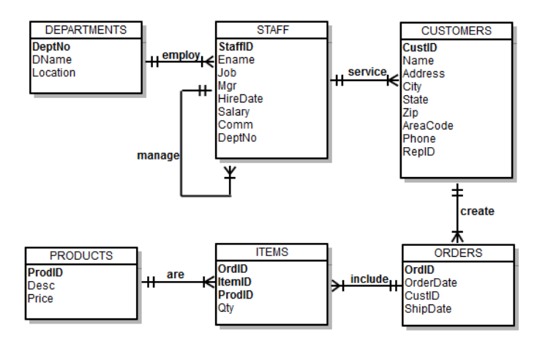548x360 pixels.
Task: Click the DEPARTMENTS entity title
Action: pyautogui.click(x=86, y=30)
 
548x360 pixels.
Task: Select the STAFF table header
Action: pyautogui.click(x=271, y=30)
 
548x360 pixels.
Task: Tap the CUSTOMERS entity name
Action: pyautogui.click(x=456, y=30)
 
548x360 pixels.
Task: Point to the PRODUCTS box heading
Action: pyautogui.click(x=80, y=255)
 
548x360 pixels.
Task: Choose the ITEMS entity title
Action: pyautogui.click(x=271, y=252)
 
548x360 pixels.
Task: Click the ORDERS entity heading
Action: pyautogui.click(x=456, y=253)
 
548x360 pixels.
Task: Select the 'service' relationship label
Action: pyautogui.click(x=367, y=72)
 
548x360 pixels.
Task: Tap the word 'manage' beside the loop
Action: pyautogui.click(x=157, y=156)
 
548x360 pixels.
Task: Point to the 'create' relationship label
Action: pyautogui.click(x=477, y=211)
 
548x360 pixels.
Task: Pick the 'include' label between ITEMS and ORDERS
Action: pyautogui.click(x=368, y=279)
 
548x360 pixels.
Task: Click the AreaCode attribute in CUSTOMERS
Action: pyautogui.click(x=428, y=125)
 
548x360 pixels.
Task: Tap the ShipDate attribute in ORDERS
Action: pyautogui.click(x=428, y=308)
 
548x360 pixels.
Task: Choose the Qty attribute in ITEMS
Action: pyautogui.click(x=227, y=308)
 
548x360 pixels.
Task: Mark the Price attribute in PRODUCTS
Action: pyautogui.click(x=42, y=299)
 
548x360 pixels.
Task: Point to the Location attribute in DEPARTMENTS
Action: pyautogui.click(x=54, y=72)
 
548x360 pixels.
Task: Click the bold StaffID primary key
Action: pyautogui.click(x=236, y=46)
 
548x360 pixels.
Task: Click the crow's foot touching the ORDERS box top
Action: pyautogui.click(x=457, y=236)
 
